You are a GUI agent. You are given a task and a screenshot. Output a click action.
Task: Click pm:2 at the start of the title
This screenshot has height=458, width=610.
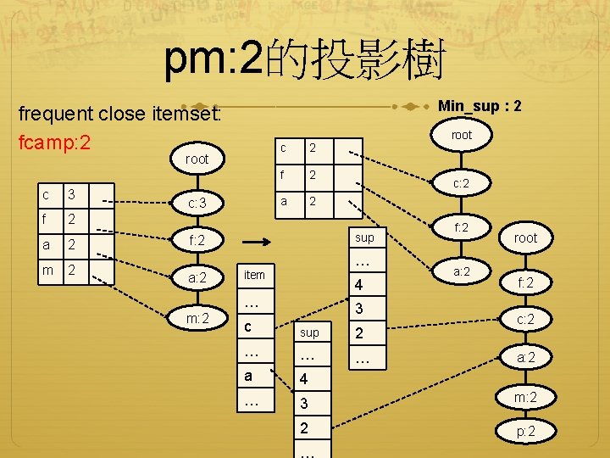pos(213,59)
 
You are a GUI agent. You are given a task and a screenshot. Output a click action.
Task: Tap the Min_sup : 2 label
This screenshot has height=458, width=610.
pos(479,106)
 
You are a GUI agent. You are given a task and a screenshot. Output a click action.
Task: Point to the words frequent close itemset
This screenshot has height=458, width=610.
pos(119,114)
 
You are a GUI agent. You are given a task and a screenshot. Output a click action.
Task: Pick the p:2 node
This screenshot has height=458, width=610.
pos(526,432)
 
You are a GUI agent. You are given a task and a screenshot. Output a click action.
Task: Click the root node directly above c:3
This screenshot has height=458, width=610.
pos(197,159)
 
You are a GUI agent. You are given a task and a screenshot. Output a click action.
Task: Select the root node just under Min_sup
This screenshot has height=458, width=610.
pos(462,135)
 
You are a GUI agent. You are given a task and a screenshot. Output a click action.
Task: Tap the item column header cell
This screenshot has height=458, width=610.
pos(254,275)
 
